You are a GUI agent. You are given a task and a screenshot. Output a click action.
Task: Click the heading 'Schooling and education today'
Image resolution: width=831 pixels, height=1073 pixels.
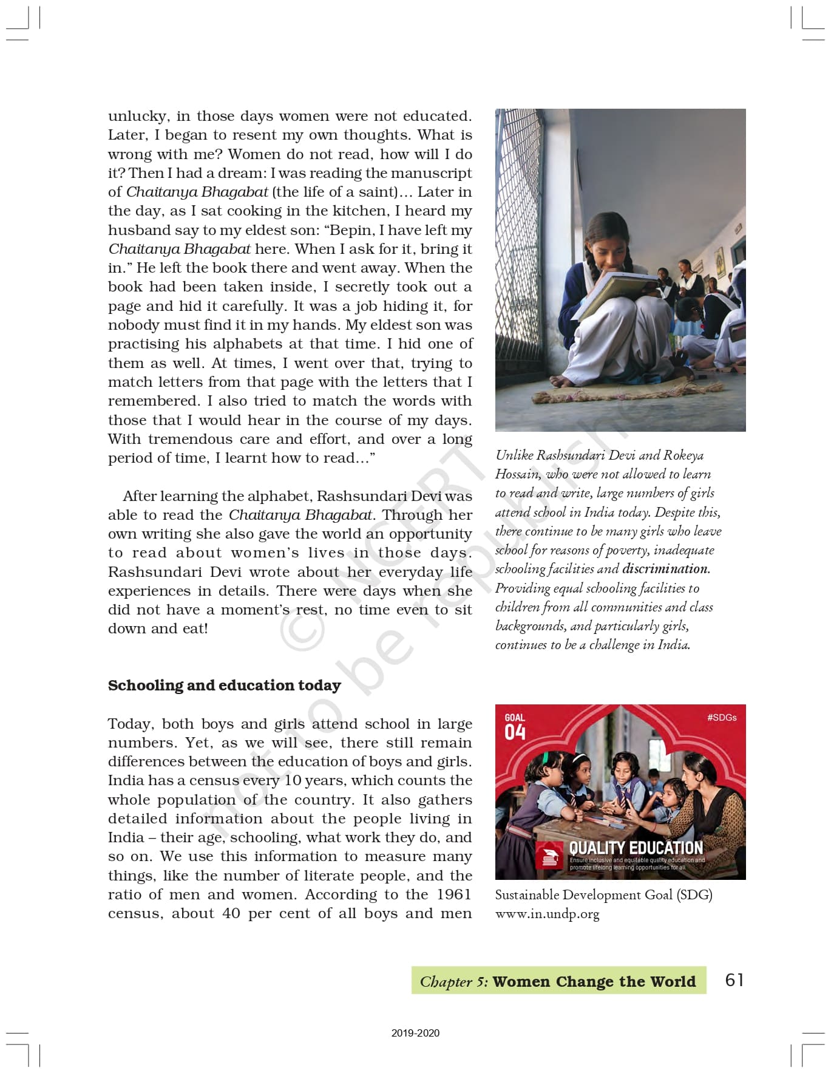[224, 686]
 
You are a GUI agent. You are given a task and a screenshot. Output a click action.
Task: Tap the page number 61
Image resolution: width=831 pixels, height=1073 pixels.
[734, 979]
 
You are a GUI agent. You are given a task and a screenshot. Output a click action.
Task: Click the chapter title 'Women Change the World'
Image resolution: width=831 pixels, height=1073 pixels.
[594, 981]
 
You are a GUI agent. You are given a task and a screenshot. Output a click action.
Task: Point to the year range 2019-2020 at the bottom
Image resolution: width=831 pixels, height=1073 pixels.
[415, 1032]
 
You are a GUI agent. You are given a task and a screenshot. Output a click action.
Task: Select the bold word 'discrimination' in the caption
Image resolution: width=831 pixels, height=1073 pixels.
[665, 569]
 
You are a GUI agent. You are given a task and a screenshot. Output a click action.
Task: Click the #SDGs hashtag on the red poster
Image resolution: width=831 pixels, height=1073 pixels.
[722, 717]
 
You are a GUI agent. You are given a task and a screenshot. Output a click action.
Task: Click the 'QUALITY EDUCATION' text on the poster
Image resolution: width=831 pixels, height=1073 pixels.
[636, 848]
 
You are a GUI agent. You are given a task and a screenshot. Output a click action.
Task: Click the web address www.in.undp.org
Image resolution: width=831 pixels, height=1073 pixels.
[547, 914]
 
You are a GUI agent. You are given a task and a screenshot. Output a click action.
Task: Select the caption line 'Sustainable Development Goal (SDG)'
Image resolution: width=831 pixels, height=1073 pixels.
[603, 895]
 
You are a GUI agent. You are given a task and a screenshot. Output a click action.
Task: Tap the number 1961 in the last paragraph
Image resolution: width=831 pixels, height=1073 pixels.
[454, 894]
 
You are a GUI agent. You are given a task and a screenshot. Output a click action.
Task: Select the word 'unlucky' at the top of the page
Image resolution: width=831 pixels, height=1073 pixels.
[138, 116]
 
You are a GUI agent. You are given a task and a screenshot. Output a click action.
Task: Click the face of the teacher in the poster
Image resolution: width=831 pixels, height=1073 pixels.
[694, 768]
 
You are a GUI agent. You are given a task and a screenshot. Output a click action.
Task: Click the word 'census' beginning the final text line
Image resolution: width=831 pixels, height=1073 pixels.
[135, 914]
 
